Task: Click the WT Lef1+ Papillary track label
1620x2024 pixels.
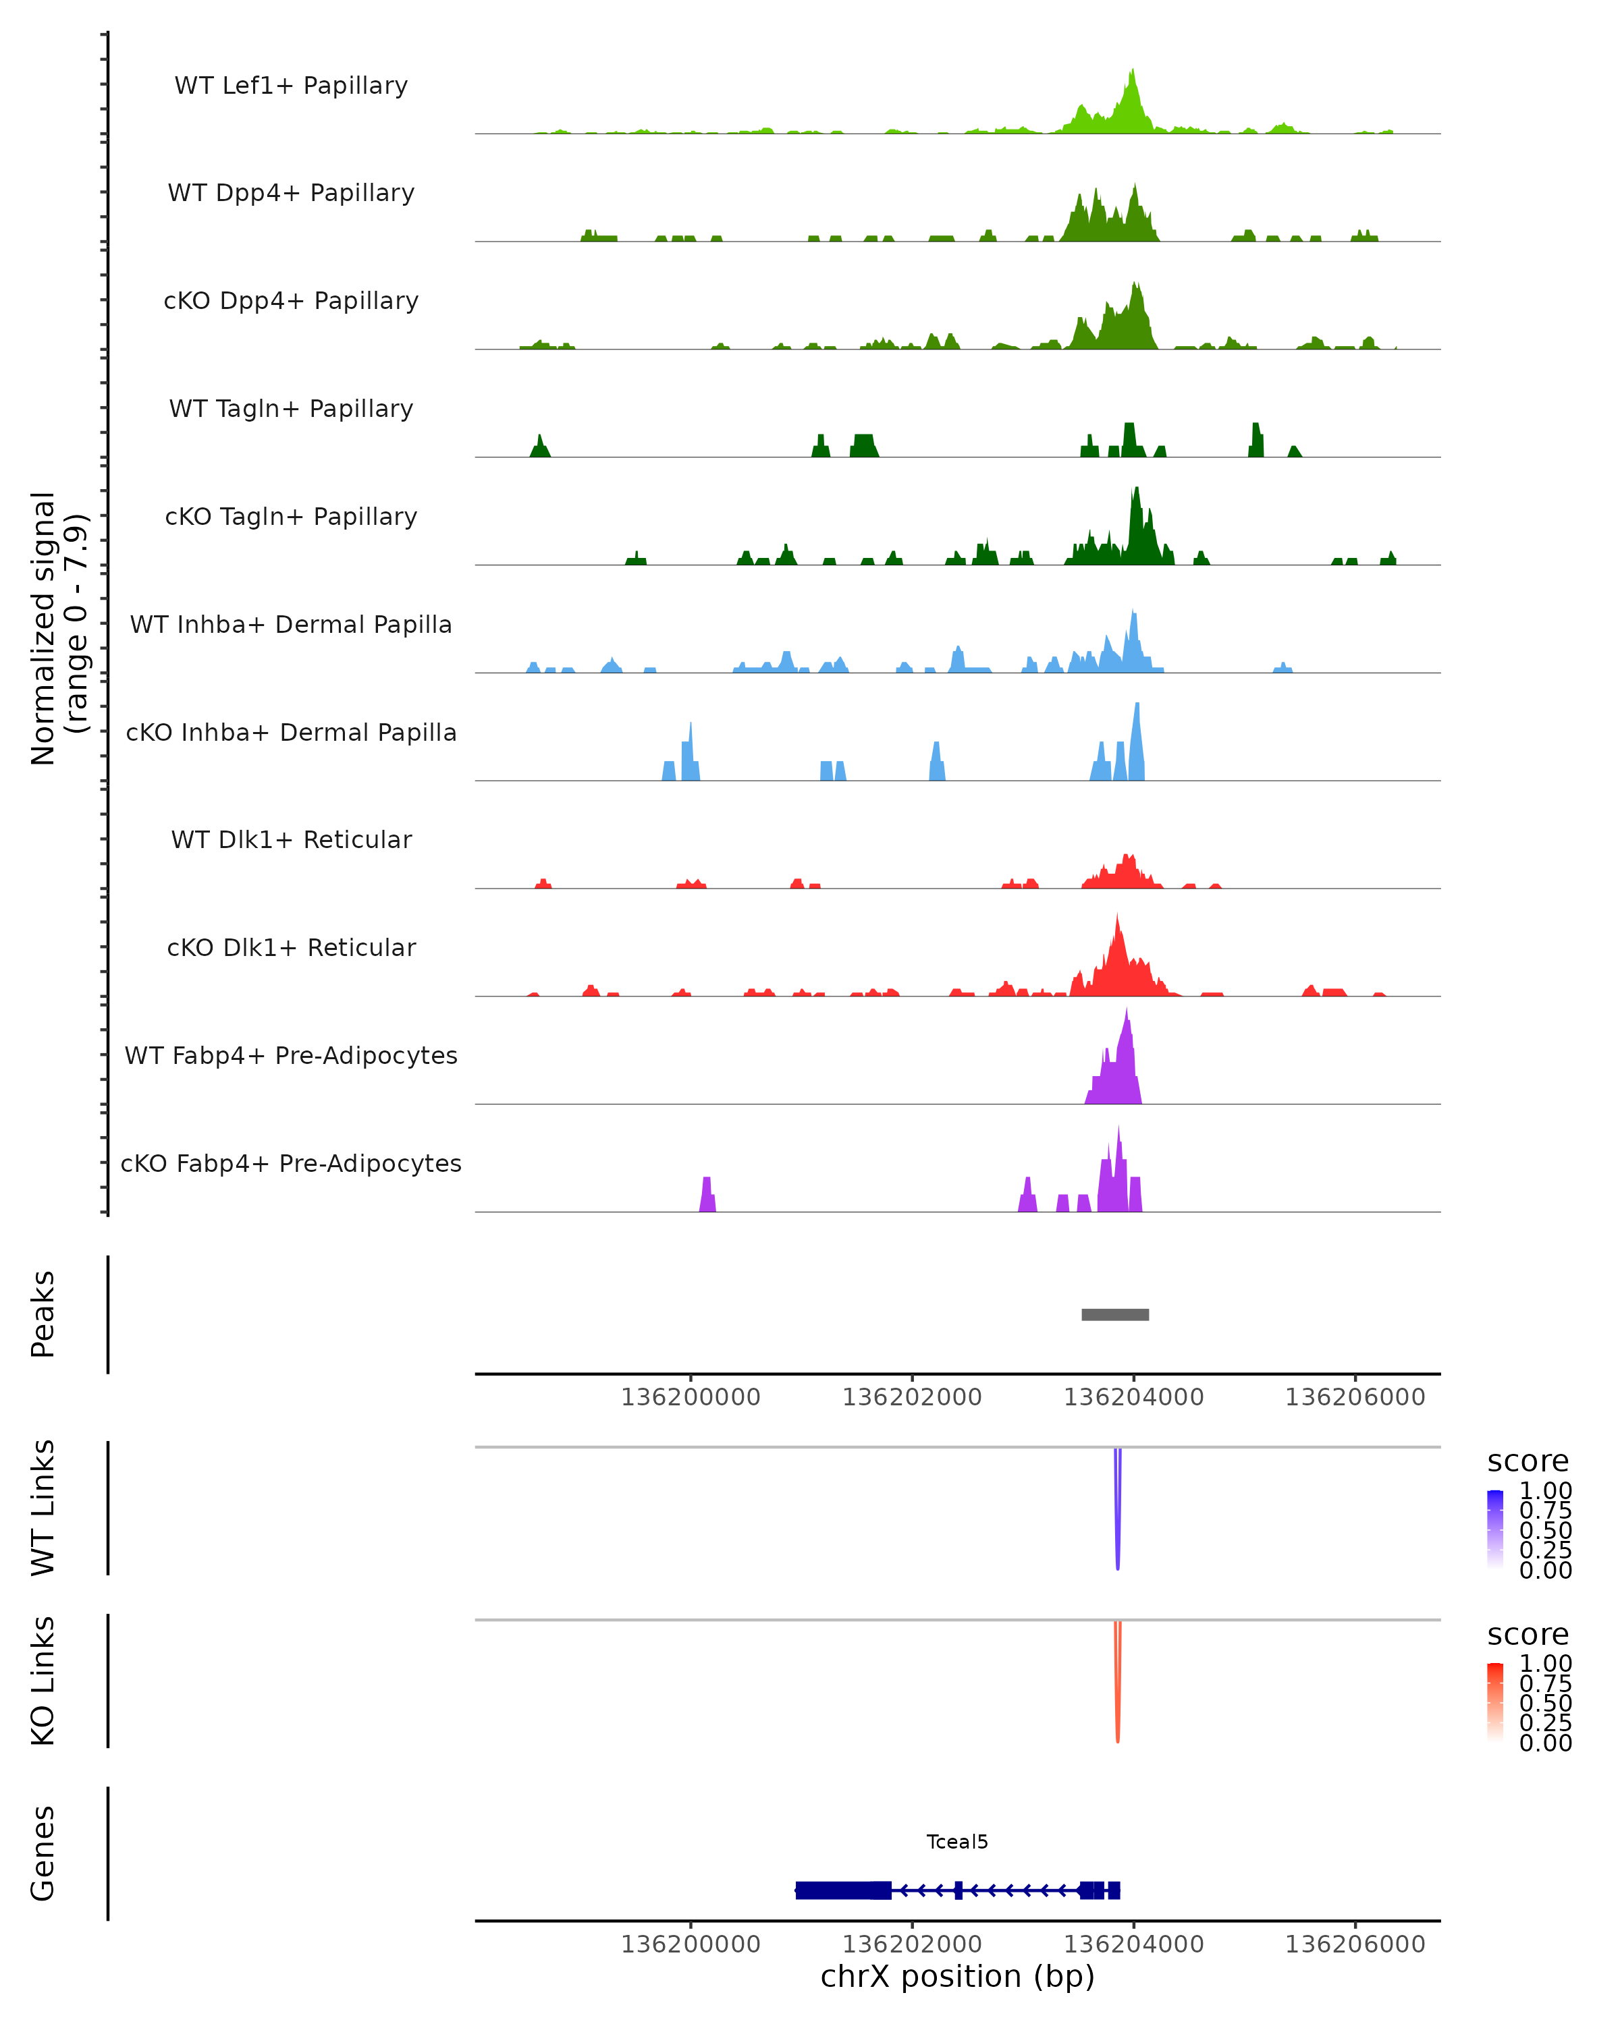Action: tap(291, 86)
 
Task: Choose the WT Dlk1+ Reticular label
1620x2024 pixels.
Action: tap(291, 839)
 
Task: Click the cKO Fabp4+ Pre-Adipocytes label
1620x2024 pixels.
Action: tap(291, 1163)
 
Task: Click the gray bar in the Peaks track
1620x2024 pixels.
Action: tap(1114, 1314)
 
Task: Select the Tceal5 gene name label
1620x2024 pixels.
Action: tap(957, 1842)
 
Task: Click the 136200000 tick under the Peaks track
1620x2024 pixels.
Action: tap(691, 1397)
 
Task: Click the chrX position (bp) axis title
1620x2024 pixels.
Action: tap(957, 1976)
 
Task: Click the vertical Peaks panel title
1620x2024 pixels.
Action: tap(43, 1314)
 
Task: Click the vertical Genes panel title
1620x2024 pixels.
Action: tap(43, 1853)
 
